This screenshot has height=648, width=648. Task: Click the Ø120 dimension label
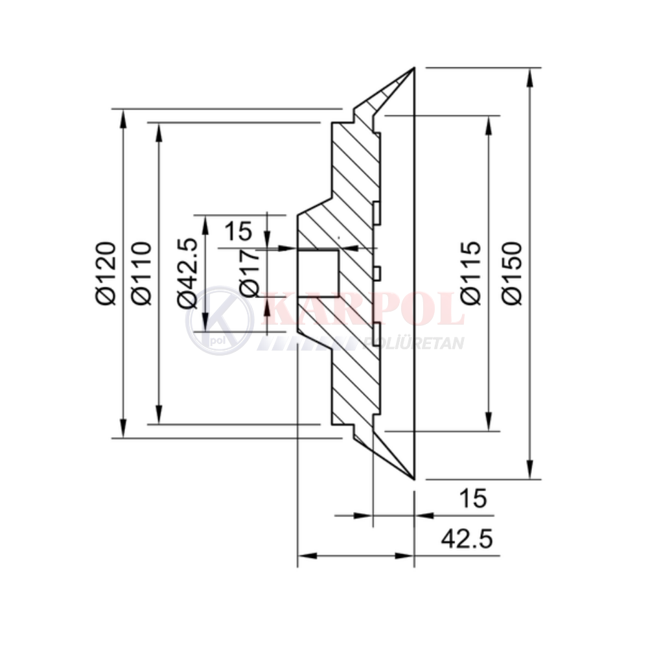(105, 273)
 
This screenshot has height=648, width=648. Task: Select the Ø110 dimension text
(141, 273)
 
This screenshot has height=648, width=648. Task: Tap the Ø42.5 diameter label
(187, 273)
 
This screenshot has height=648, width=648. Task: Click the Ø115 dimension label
(471, 273)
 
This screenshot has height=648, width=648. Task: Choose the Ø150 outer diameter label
(513, 273)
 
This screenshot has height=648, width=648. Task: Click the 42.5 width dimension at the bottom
(467, 539)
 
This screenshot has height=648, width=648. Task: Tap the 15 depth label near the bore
(238, 231)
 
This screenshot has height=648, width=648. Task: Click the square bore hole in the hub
(318, 273)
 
